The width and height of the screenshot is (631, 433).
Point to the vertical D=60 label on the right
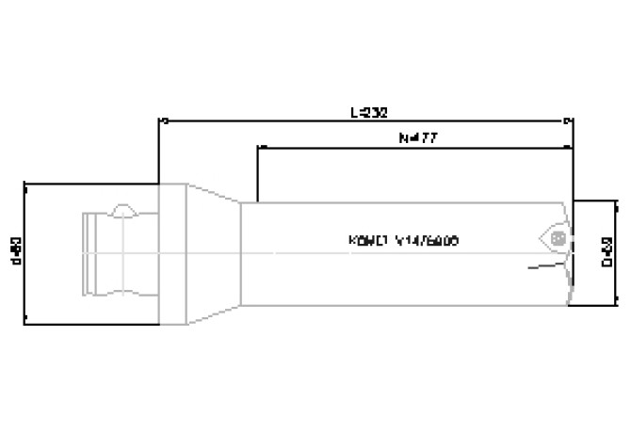tap(607, 252)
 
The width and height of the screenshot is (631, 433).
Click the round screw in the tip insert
tap(558, 237)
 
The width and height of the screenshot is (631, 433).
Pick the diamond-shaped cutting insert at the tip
tap(549, 236)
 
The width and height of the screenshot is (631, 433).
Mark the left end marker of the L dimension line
tap(161, 120)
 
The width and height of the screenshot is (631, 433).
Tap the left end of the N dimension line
tap(257, 147)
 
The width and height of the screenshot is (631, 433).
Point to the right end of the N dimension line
tap(570, 147)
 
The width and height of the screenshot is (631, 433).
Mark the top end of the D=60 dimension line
tap(617, 200)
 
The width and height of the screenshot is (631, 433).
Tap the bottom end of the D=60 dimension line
tap(617, 305)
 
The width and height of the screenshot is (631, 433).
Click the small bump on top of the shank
tap(121, 209)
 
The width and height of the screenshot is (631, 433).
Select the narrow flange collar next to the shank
tap(172, 252)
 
